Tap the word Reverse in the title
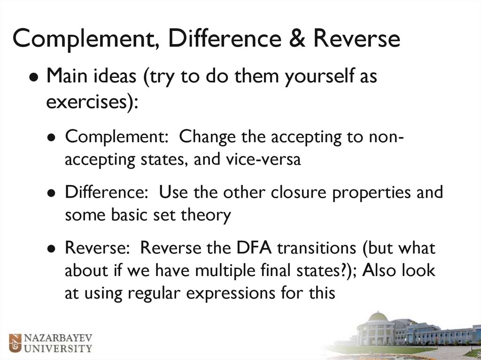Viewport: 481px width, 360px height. point(357,39)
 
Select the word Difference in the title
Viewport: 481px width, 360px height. point(227,39)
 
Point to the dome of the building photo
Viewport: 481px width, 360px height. point(378,317)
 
